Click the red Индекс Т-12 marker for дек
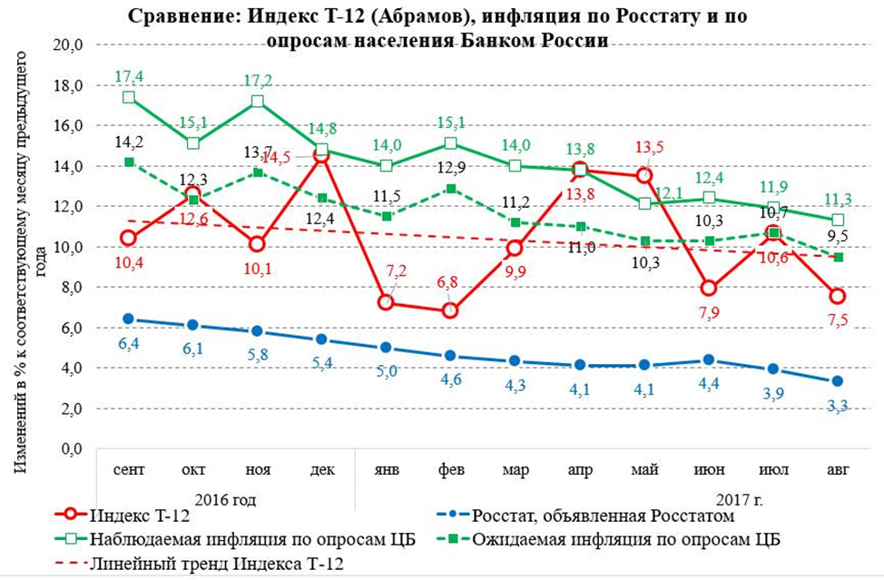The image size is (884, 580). (x=321, y=156)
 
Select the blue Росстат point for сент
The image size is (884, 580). (x=129, y=319)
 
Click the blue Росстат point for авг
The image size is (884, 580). (x=838, y=381)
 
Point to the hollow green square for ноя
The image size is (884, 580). (x=258, y=101)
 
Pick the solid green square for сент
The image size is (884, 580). (x=129, y=162)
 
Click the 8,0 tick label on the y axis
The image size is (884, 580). (x=73, y=288)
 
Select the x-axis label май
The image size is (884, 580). (x=645, y=469)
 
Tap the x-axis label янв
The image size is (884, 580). (x=388, y=469)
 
